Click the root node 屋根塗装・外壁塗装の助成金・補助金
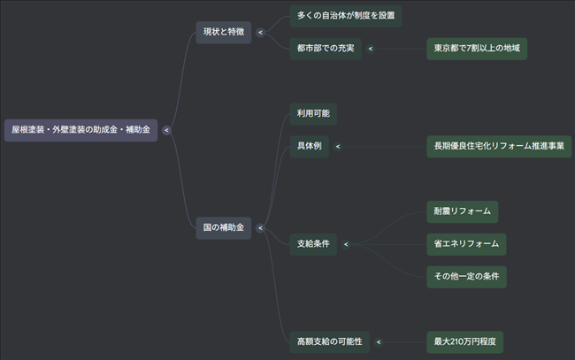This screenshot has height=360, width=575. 80,130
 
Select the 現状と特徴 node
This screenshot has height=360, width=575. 224,32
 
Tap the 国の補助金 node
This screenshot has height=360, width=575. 224,228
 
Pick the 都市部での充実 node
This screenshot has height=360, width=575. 325,49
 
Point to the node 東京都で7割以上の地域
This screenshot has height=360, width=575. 477,49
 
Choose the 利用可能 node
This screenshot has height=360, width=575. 313,114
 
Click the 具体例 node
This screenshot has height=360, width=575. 309,147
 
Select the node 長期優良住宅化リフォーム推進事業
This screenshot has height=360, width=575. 499,147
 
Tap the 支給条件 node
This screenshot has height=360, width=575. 313,244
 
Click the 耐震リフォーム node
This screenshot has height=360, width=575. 462,211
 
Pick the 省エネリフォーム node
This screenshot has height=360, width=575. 466,244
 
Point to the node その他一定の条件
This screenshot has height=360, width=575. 466,276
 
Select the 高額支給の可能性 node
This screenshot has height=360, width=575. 330,341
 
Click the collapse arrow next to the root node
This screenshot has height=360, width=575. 166,130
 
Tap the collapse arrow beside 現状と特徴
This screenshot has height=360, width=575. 260,32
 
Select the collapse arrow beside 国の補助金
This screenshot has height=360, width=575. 260,228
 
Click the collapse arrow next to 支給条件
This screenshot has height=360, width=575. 346,244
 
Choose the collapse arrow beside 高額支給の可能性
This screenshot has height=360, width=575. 379,341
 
